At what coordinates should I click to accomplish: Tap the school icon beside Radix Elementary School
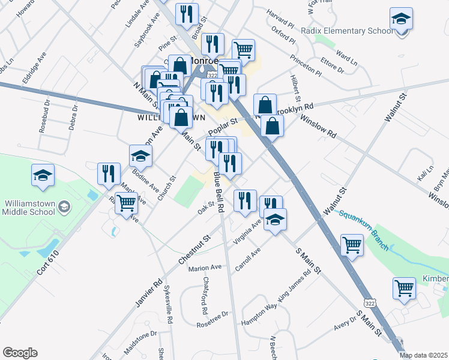(x=401, y=20)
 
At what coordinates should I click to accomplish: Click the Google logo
(x=20, y=353)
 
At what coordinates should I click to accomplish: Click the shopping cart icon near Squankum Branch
(x=352, y=245)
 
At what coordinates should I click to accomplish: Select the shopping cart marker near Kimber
(x=405, y=288)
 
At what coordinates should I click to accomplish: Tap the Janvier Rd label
(x=149, y=293)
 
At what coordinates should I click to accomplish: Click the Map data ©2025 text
(x=423, y=355)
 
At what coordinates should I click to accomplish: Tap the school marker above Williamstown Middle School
(x=43, y=175)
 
